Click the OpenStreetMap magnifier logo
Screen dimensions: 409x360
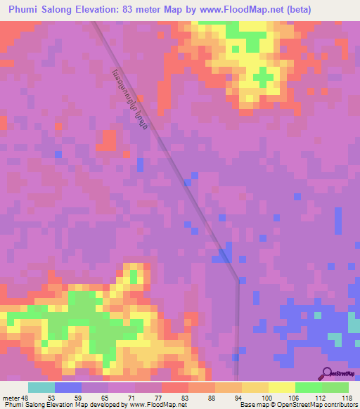[328, 372]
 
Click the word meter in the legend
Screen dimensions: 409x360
[11, 397]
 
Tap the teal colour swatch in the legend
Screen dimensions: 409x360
[41, 387]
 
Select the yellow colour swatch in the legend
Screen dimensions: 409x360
[282, 387]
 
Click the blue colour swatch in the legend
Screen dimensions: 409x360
[68, 387]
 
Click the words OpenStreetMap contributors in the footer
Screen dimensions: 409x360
[320, 405]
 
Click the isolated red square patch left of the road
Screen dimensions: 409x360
[106, 141]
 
